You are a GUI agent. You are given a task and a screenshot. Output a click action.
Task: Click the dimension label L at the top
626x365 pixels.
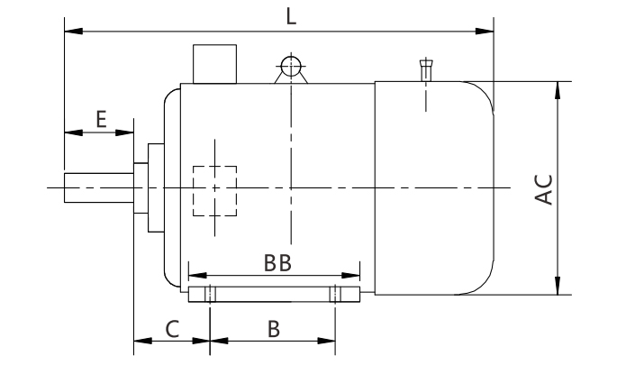click(290, 15)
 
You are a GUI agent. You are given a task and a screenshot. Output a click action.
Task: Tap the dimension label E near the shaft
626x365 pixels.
click(101, 117)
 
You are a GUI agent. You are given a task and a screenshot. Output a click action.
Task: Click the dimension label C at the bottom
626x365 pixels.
click(171, 329)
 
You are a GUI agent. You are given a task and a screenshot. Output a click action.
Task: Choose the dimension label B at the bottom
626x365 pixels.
click(272, 329)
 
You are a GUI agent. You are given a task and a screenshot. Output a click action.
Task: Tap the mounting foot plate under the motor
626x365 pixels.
click(274, 295)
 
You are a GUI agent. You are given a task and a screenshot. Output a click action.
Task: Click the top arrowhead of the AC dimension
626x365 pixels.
click(559, 87)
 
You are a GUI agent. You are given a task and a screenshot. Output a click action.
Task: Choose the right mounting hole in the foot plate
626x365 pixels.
click(335, 295)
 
